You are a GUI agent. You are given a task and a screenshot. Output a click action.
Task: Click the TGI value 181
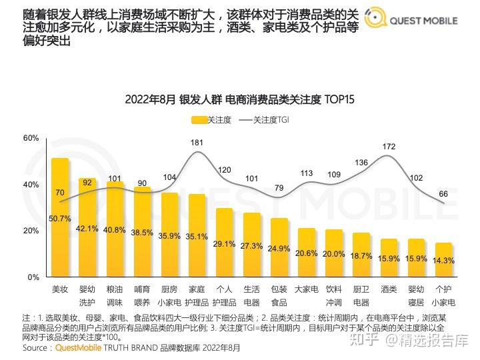click(197, 143)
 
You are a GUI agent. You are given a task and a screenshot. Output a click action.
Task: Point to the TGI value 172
click(389, 145)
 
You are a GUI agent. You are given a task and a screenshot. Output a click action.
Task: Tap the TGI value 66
click(443, 194)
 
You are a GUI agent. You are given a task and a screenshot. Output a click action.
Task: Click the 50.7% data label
click(60, 218)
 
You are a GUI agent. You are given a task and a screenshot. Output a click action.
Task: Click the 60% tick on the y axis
click(31, 138)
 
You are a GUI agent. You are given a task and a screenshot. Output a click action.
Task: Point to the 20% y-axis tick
click(31, 231)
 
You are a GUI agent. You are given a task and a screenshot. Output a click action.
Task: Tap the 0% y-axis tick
click(33, 277)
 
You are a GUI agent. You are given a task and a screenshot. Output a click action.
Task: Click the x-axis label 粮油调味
click(115, 295)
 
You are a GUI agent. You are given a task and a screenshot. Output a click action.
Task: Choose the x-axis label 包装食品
click(279, 295)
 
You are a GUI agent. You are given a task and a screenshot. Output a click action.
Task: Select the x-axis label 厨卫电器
click(361, 295)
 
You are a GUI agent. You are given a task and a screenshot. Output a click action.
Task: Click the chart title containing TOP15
click(239, 99)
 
